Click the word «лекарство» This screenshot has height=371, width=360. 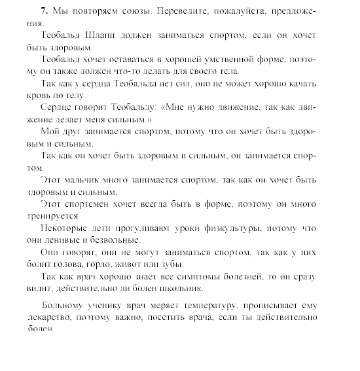tap(48, 317)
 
